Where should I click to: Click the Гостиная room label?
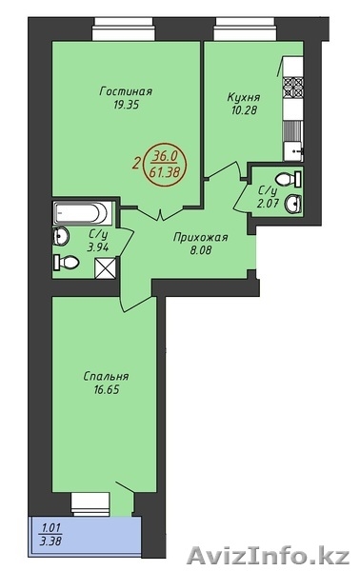coord(126,91)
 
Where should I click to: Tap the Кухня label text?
coord(244,98)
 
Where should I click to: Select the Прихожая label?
coord(200,238)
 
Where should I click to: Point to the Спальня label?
coord(106,376)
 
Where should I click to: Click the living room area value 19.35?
coord(126,106)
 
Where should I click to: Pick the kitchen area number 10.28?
coord(244,110)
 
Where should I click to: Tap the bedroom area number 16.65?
coord(107,390)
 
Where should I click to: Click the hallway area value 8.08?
coord(201,250)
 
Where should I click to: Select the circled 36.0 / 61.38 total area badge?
coord(166,164)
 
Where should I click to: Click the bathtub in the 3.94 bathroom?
coord(82,213)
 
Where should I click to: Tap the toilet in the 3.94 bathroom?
coord(66,262)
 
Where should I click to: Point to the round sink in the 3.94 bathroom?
coord(61,236)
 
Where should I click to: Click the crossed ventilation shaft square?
coord(106,267)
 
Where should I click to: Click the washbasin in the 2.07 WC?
coord(293,204)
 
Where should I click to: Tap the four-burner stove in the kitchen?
coord(293,89)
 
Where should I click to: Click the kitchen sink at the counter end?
coord(293,151)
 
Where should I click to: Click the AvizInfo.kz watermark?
coord(269,556)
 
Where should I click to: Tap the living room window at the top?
coord(124,30)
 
